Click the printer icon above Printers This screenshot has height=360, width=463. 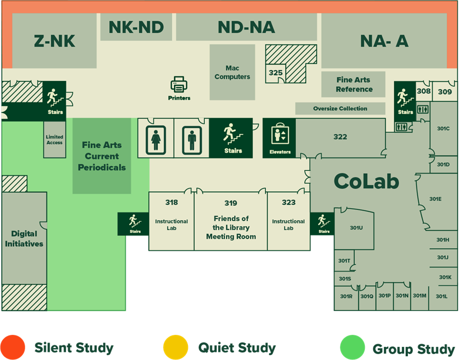pos(179,85)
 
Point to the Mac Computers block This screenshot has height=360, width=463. pos(232,72)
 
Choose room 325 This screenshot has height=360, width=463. pos(276,73)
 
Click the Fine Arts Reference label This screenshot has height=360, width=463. pos(354,85)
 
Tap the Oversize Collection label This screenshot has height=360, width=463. pos(340,109)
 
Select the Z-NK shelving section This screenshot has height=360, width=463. pos(55,42)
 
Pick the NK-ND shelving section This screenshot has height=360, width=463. pos(136,27)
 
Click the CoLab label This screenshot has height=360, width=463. pos(366,181)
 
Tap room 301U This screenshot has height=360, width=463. pos(356,228)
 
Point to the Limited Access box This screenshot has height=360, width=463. pos(55,140)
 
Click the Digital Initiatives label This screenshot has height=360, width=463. pos(24,239)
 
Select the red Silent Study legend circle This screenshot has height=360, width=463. pos(13,347)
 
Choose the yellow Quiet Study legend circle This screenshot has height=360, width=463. pos(176,347)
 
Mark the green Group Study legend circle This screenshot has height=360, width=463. pos(352,347)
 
